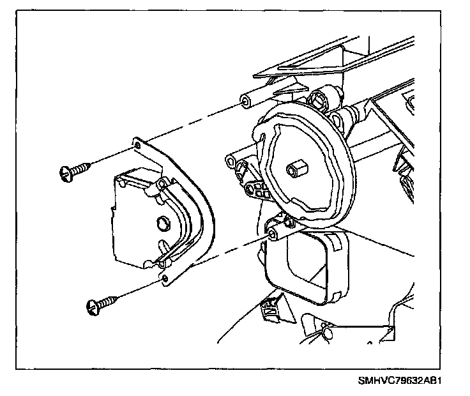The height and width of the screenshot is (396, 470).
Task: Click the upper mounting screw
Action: coord(75,170)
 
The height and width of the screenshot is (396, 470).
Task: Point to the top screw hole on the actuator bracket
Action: coord(137,146)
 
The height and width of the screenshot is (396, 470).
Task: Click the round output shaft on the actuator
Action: coord(162,222)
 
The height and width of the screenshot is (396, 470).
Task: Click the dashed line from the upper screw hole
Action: coord(192,124)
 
